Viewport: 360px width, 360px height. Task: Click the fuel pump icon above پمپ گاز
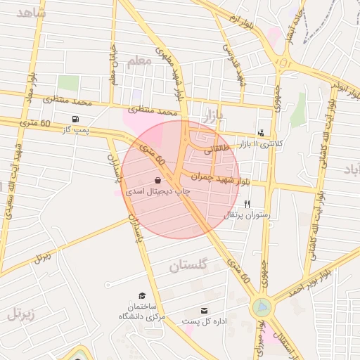[x=75, y=119]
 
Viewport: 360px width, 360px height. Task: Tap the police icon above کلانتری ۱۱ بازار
[x=262, y=132]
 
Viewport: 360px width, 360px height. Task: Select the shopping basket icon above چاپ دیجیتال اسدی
[x=157, y=180]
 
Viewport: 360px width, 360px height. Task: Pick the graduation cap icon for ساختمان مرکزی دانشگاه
[x=142, y=296]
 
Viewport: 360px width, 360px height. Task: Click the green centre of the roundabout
[x=262, y=307]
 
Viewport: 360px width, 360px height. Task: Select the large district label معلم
[x=140, y=62]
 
